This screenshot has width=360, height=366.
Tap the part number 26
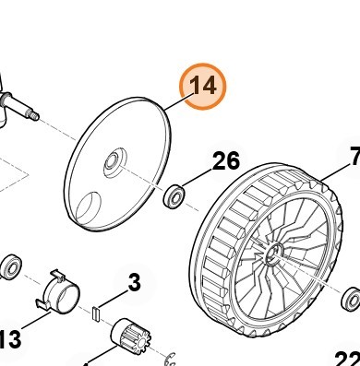(x=226, y=162)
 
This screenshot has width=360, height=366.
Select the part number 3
(x=134, y=282)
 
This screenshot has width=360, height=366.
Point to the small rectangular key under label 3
(x=95, y=313)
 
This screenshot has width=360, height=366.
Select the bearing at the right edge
(x=351, y=299)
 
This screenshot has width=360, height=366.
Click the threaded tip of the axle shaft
(x=33, y=114)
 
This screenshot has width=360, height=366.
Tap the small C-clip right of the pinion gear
(x=170, y=353)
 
